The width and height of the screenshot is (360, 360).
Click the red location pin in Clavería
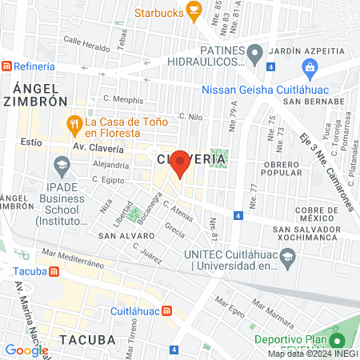coord(181,162)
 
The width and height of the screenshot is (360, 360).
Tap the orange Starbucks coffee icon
coord(194,10)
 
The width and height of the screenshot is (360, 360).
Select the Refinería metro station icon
coord(6,66)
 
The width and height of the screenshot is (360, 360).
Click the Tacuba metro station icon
coord(54,271)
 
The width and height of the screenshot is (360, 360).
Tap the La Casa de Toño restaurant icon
coord(74,123)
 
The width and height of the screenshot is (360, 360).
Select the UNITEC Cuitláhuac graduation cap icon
coord(289,258)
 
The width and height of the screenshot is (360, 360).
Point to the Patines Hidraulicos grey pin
coord(254,55)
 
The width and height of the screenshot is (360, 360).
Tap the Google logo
coord(26,350)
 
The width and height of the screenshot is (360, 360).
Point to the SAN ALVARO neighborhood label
coord(120,237)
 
